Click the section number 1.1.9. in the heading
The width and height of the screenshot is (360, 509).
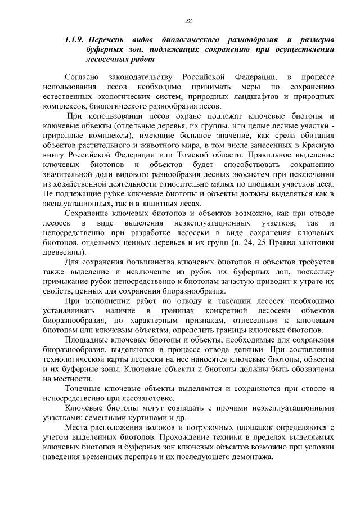(x=74, y=41)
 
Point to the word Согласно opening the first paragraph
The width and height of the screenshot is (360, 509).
(x=82, y=76)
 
